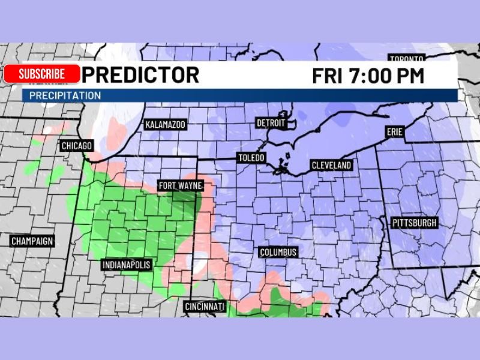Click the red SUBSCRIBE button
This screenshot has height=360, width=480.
point(41,74)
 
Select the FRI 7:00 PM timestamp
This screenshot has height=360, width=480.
point(368,76)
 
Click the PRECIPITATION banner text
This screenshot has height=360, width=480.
point(65,95)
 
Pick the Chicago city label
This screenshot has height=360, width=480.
point(77,146)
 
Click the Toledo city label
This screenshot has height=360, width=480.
point(251,158)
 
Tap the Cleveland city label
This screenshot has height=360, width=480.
point(331,166)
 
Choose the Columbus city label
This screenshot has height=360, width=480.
point(278,253)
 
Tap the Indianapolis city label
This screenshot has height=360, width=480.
point(127,265)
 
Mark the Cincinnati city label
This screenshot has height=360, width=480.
point(205,307)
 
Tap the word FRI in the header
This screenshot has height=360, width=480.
point(328,76)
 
